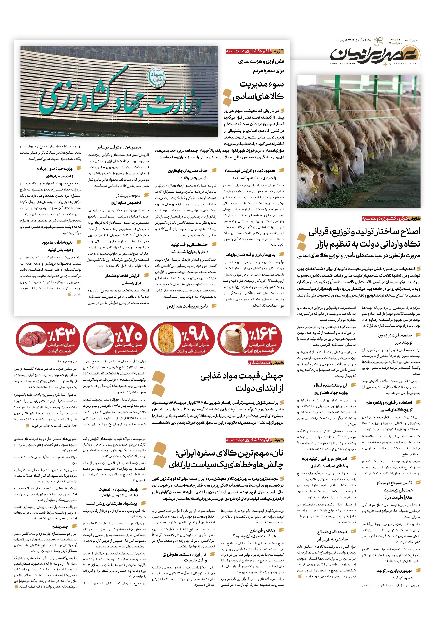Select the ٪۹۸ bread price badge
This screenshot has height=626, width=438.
pos(182,339)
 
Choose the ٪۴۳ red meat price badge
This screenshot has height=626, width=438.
pos(48,339)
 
